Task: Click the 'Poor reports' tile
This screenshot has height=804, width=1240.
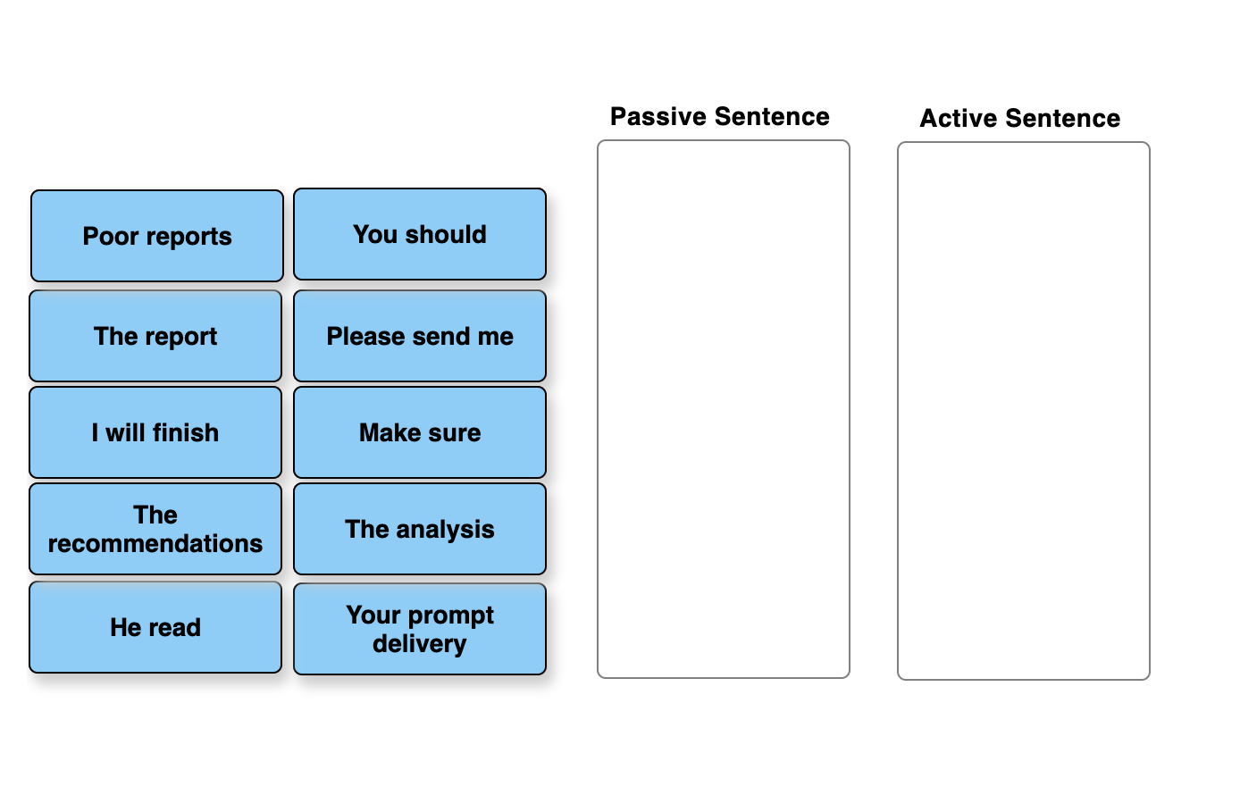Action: (157, 236)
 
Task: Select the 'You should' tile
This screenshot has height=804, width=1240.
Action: (420, 234)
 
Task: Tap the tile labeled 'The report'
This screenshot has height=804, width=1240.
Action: (155, 336)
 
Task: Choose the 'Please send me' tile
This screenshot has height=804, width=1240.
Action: (420, 336)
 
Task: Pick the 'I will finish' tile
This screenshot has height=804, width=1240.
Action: (155, 432)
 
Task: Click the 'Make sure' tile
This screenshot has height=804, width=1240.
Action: (420, 432)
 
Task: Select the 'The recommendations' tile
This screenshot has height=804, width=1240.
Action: (155, 529)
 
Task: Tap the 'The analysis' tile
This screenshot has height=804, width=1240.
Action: (420, 529)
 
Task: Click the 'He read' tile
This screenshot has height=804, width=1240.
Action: (155, 627)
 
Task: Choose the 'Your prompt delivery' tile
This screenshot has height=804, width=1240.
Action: (420, 629)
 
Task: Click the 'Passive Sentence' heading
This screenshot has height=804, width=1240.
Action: (720, 117)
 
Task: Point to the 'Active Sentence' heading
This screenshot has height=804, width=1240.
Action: (1020, 119)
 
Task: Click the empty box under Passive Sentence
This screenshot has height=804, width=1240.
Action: (724, 409)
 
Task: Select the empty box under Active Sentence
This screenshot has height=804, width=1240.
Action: (1024, 411)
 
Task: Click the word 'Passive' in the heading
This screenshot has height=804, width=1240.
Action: (658, 117)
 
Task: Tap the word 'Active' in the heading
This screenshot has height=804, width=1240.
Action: (959, 119)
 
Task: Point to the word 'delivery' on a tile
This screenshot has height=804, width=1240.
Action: (420, 644)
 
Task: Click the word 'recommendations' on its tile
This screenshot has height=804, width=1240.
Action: (155, 544)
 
